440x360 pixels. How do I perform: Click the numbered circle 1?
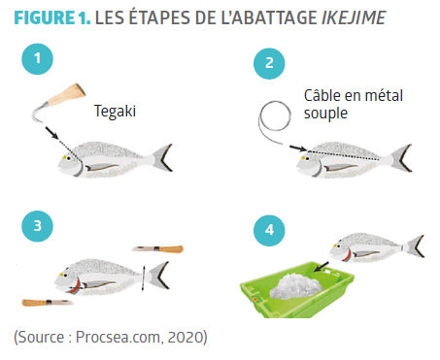point(37,59)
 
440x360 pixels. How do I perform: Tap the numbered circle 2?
point(269,63)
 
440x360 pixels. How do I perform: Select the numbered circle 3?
point(37,226)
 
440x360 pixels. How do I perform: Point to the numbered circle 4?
point(269,230)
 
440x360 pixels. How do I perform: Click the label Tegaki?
point(115,112)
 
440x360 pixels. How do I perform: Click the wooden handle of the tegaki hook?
point(67,94)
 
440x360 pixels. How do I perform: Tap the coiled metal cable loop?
point(275,115)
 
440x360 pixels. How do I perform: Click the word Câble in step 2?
point(322,96)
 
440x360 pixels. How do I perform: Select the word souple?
point(325,114)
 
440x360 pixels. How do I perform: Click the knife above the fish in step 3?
point(157,249)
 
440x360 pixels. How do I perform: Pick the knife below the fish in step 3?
point(48,303)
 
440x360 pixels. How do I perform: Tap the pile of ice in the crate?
point(296,286)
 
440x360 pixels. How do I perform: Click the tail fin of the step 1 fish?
point(162,157)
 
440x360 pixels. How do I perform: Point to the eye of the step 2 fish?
point(304,158)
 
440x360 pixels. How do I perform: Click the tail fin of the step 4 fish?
point(415,246)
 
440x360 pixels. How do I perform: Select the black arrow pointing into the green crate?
point(322,267)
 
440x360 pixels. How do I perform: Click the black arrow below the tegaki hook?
point(51,133)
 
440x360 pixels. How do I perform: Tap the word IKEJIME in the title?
point(354,18)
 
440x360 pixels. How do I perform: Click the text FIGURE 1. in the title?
point(52,18)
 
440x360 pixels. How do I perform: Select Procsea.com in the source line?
point(118,337)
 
